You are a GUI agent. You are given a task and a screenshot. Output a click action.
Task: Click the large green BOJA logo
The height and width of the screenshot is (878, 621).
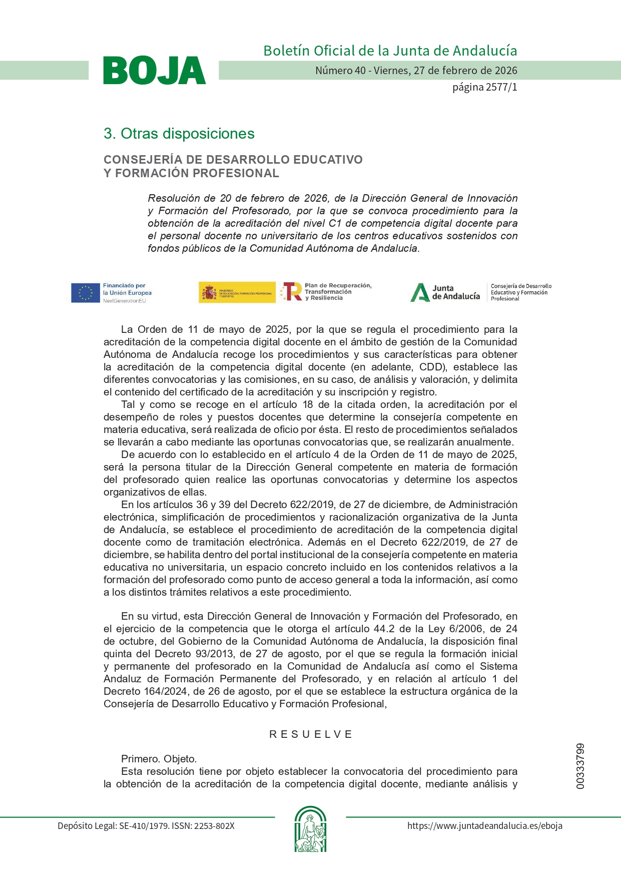point(154,71)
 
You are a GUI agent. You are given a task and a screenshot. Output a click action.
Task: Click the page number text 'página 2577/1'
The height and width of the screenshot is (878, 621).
point(484,87)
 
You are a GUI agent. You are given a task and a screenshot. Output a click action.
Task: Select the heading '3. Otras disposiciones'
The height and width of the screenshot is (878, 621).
point(179,134)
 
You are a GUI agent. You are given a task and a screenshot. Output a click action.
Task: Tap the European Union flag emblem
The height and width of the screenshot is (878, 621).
point(85,293)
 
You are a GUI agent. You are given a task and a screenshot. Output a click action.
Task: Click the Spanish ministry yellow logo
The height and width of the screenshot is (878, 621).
point(237,292)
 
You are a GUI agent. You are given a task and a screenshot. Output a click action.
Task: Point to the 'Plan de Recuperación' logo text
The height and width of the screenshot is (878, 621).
point(338,286)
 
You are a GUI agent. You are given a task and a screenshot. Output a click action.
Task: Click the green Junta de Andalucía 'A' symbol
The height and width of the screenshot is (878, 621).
point(419,293)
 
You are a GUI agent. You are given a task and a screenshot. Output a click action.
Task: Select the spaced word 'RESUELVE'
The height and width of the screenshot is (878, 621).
point(310,734)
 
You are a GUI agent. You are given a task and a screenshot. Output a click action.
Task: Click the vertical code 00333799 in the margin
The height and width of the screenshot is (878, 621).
point(580,766)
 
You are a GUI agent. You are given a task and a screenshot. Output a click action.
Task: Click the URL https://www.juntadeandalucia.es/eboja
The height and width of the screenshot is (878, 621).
point(484,826)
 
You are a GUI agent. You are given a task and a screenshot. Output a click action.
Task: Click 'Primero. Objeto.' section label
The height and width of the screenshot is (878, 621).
point(159,759)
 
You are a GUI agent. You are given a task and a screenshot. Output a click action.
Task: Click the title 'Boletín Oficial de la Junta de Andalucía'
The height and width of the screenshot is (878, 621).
point(390,51)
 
